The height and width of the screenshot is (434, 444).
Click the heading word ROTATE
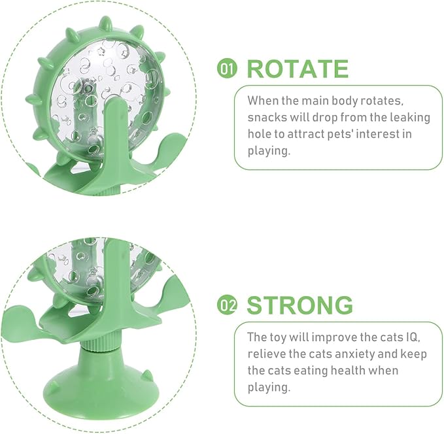297,69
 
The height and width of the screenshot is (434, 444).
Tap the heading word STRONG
299,305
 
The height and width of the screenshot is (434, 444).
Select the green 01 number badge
227,69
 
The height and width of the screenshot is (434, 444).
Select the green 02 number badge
227,306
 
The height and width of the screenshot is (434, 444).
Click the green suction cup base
98,386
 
